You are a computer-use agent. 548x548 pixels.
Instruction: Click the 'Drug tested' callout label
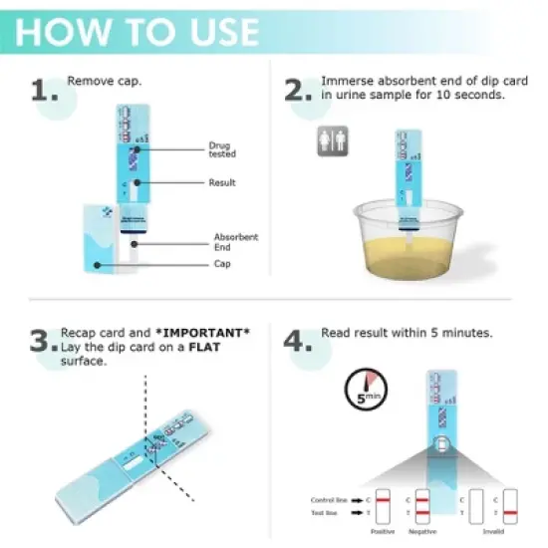click(220, 149)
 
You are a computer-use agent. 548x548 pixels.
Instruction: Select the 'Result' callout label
click(221, 182)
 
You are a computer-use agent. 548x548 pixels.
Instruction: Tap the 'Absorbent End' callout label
click(235, 241)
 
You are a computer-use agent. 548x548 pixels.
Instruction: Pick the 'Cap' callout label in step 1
click(222, 264)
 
